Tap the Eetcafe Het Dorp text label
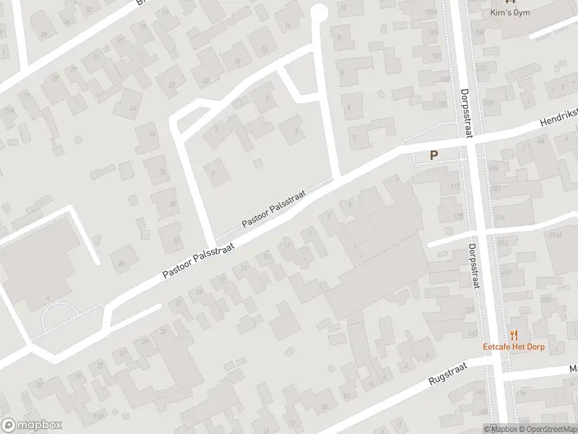pyautogui.click(x=515, y=346)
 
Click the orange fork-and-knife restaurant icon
pyautogui.click(x=515, y=334)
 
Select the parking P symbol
pyautogui.click(x=434, y=154)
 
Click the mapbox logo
pyautogui.click(x=32, y=425)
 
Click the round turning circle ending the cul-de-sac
pyautogui.click(x=318, y=12)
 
